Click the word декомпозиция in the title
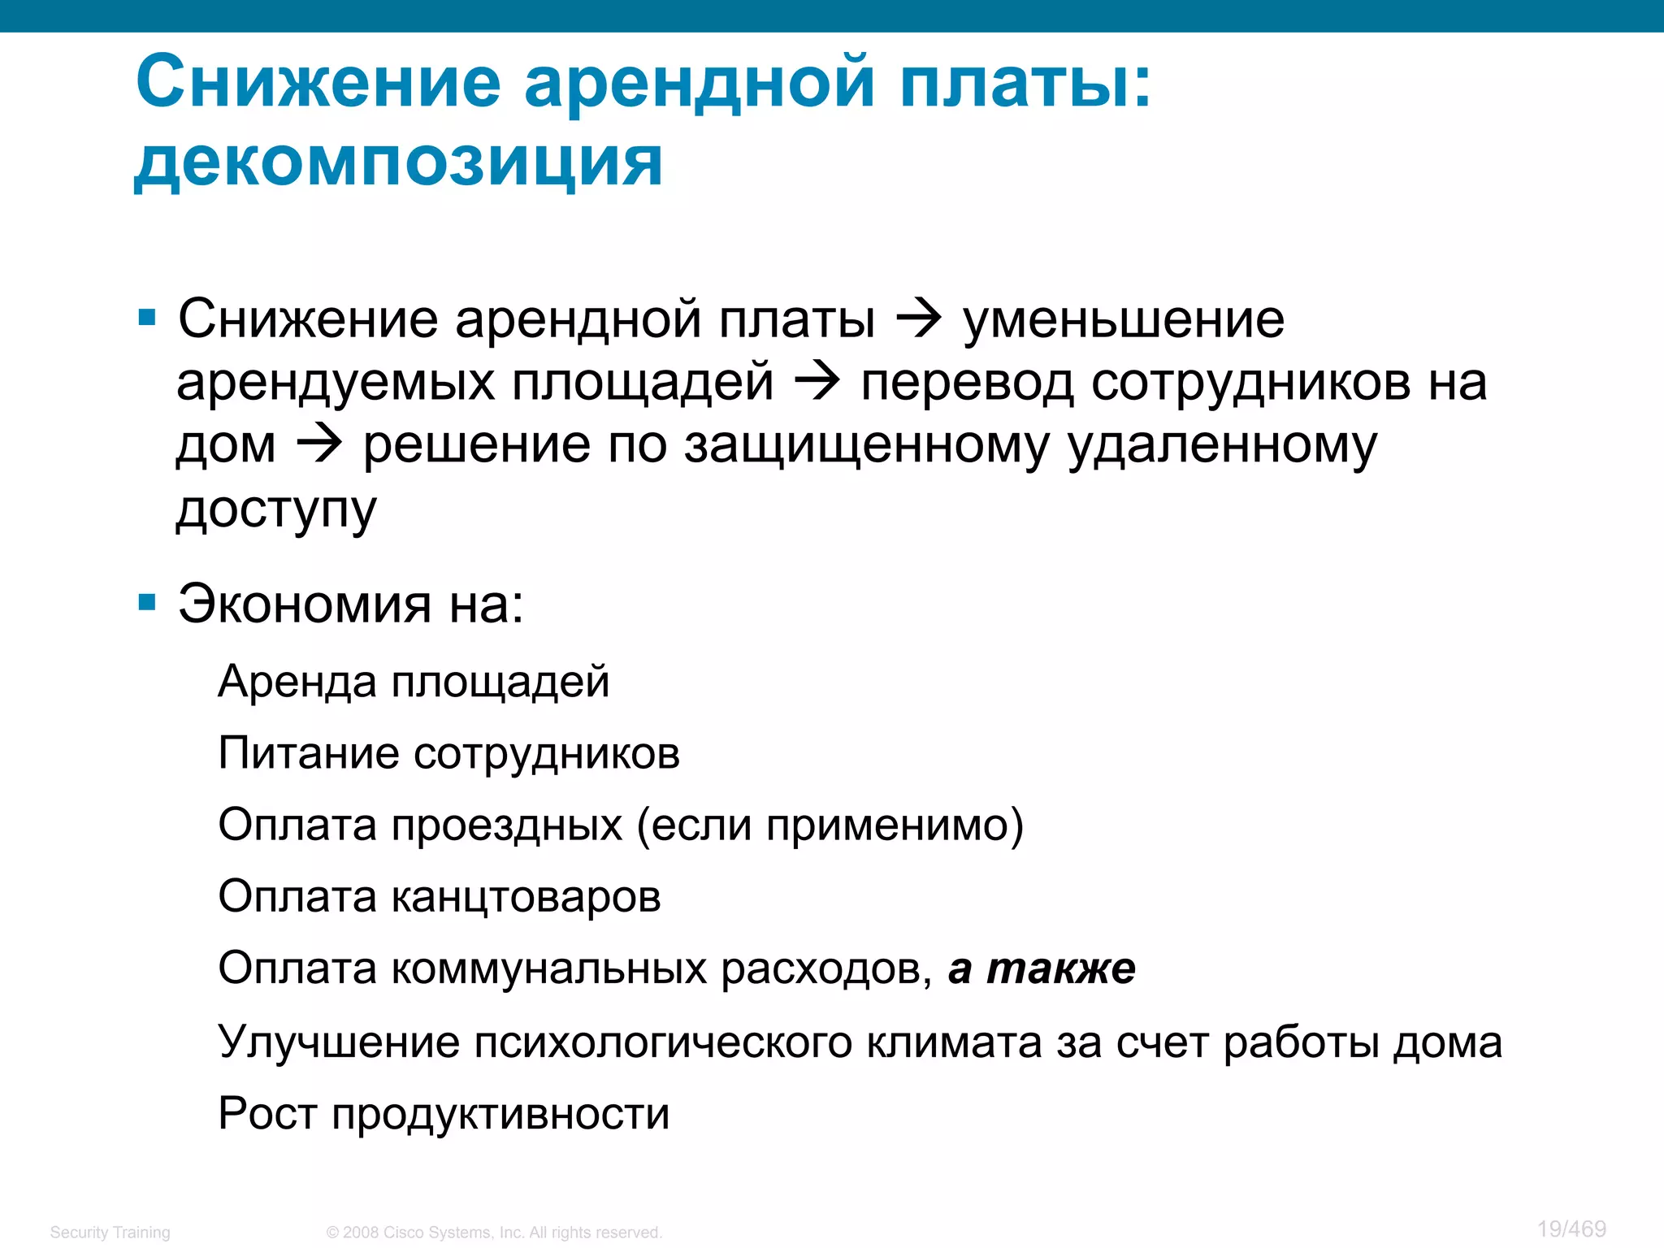398,162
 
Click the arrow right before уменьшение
919,319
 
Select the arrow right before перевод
817,382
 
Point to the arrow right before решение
319,445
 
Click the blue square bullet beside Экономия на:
147,602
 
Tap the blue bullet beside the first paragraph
147,317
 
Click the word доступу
276,510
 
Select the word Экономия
305,604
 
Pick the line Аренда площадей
414,681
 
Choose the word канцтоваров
526,897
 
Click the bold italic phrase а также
1042,968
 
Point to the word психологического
663,1042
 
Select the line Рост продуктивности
444,1114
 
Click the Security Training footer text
110,1232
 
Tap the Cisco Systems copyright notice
494,1232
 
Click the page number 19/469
1571,1228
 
